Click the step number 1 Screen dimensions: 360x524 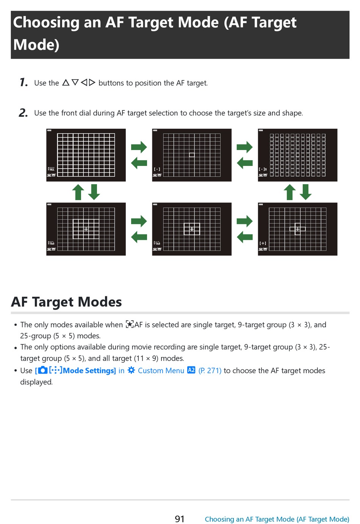[x=23, y=82]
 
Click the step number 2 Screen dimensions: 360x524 [x=23, y=113]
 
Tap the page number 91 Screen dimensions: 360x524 [x=180, y=519]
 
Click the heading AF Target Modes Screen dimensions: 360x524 [x=66, y=302]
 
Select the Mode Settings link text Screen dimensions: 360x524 [x=89, y=371]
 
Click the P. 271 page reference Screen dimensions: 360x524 [x=210, y=371]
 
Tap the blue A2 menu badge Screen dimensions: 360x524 [x=191, y=370]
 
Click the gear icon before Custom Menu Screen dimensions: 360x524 [x=131, y=370]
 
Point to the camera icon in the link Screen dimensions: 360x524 [x=43, y=370]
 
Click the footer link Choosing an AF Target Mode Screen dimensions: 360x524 [x=277, y=519]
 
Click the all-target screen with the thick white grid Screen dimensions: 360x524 [x=86, y=155]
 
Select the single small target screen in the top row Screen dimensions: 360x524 [x=192, y=155]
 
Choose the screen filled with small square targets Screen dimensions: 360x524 [x=297, y=155]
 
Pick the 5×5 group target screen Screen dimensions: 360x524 [x=86, y=229]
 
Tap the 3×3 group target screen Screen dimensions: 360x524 [x=192, y=229]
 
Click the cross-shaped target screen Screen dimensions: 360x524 [x=297, y=229]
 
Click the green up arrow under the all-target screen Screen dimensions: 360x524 [x=78, y=192]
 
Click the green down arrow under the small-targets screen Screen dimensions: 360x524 [x=305, y=192]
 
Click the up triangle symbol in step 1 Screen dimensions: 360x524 [x=66, y=82]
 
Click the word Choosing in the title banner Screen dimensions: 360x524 [x=46, y=22]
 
